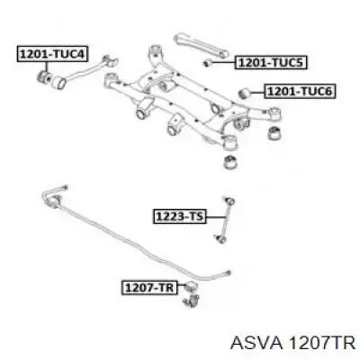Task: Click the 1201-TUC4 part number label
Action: point(52,54)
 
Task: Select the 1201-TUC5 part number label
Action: point(271,63)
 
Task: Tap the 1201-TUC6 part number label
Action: point(300,92)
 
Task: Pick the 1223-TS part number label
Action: point(180,217)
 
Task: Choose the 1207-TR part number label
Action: point(149,288)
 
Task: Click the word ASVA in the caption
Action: point(256,343)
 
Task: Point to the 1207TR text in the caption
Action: point(321,343)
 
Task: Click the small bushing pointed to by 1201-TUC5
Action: point(208,63)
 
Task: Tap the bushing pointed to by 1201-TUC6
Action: point(246,94)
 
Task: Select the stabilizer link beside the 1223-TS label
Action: point(225,220)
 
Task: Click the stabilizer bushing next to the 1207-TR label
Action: point(190,286)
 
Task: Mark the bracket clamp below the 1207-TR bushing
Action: point(191,301)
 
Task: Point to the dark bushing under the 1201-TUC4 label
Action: point(43,76)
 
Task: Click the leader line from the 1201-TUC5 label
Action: point(223,63)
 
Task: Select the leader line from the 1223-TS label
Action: point(216,217)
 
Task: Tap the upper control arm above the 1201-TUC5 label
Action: point(201,46)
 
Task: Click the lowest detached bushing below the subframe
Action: point(230,162)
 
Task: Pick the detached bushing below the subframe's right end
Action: point(274,133)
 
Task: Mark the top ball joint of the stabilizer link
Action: point(229,199)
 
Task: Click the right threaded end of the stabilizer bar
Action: point(227,273)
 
